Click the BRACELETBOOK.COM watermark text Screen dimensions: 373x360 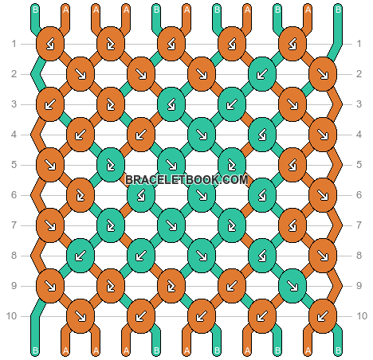pos(186,180)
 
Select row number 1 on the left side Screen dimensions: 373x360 pos(14,44)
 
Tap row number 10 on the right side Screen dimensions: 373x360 pos(362,316)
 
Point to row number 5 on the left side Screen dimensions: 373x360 pos(14,165)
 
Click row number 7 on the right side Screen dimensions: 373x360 pos(359,225)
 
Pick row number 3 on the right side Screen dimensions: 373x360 pos(359,104)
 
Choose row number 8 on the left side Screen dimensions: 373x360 pos(14,256)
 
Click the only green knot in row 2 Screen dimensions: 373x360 pos(262,74)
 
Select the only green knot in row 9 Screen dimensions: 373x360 pos(293,286)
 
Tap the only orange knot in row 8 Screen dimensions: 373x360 pos(323,256)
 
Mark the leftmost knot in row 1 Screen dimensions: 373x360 pos(50,44)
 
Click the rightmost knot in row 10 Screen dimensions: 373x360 pos(323,316)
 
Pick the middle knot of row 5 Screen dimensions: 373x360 pos(171,165)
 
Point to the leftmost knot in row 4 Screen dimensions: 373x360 pos(80,135)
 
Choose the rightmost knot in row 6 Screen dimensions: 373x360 pos(323,195)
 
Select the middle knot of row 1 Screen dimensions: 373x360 pos(171,44)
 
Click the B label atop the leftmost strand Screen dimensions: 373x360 pos(35,10)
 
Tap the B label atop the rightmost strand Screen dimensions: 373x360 pos(338,10)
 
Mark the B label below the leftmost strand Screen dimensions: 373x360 pos(35,351)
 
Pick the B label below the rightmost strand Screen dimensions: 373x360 pos(338,351)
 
